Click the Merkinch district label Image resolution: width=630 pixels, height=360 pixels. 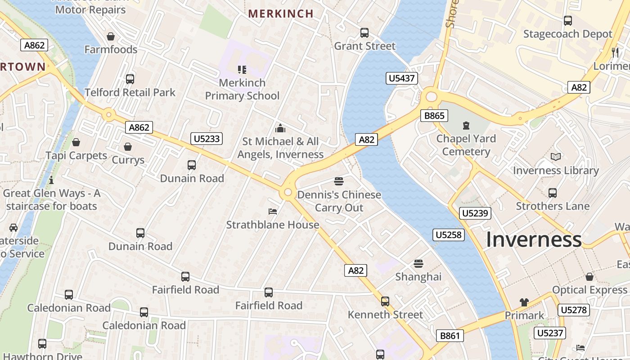coord(281,13)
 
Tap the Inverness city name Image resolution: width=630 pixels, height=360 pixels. coord(534,239)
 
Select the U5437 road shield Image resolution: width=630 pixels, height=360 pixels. coord(402,79)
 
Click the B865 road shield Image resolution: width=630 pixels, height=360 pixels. coord(434,116)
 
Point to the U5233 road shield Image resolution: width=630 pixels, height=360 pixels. coord(207,139)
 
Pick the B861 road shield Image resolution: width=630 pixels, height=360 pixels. coord(450,335)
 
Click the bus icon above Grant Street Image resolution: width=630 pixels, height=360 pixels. coord(364,33)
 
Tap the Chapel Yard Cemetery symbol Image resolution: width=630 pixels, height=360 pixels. coord(466,126)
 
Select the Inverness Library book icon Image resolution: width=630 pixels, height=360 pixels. coord(556,157)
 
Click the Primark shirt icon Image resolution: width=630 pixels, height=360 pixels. coord(524,302)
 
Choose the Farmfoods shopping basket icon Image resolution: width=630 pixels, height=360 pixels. coord(111,36)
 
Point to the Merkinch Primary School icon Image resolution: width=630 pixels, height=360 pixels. coord(242,69)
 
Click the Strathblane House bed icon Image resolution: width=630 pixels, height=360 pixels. coord(273,211)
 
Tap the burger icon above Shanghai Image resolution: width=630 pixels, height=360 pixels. coord(418,263)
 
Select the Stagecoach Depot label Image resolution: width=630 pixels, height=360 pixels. coord(568,34)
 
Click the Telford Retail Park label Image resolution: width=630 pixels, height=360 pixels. coord(130,92)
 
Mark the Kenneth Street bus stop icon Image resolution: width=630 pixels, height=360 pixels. coord(385,301)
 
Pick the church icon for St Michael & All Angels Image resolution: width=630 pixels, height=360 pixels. coord(280,128)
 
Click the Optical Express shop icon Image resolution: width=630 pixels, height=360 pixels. coord(589,277)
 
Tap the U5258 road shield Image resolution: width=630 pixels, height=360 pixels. coord(449,234)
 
